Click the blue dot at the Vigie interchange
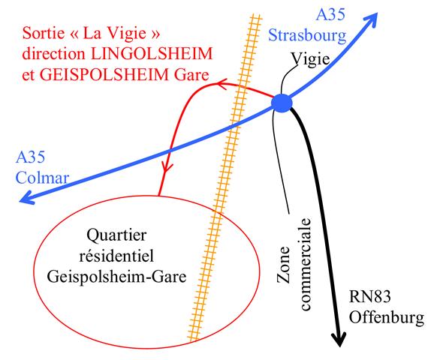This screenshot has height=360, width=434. point(282,103)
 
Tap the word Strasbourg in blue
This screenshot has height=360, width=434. point(307,35)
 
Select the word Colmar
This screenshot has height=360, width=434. point(42,178)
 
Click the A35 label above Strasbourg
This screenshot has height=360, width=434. point(331,15)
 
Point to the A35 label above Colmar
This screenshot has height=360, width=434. point(31,157)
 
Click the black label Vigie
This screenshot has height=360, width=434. point(310,59)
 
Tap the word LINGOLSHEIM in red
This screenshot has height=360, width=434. point(152,54)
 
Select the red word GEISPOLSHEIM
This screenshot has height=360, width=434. point(104,75)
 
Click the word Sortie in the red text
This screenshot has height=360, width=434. point(44,33)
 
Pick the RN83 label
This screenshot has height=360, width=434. point(369,297)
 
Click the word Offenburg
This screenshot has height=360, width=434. point(387,317)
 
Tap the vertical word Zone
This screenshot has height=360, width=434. point(283,265)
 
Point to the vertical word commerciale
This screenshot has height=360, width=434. point(306,265)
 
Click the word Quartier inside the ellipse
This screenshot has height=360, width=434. point(116,235)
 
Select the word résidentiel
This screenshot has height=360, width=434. point(116,256)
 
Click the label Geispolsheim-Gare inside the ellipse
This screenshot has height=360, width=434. point(116,277)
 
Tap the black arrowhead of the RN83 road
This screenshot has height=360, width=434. point(339,340)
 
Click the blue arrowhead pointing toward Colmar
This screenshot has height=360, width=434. point(26,199)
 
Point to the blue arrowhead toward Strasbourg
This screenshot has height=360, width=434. point(372,19)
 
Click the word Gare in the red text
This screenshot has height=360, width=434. point(191,75)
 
